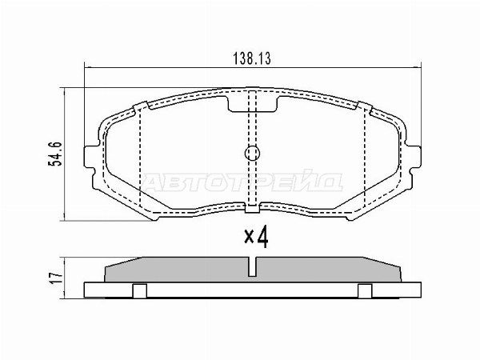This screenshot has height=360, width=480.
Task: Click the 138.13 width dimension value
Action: tap(252, 58)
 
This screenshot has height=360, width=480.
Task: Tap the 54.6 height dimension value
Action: tap(55, 154)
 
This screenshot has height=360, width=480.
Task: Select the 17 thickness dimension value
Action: tap(56, 278)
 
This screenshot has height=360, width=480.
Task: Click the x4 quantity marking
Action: tap(256, 237)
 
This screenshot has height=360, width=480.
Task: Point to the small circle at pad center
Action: tap(252, 153)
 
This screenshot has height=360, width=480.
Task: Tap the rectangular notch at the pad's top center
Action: tap(253, 104)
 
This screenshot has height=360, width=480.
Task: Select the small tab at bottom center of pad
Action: tap(252, 209)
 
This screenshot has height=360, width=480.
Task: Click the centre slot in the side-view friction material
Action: tap(252, 266)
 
